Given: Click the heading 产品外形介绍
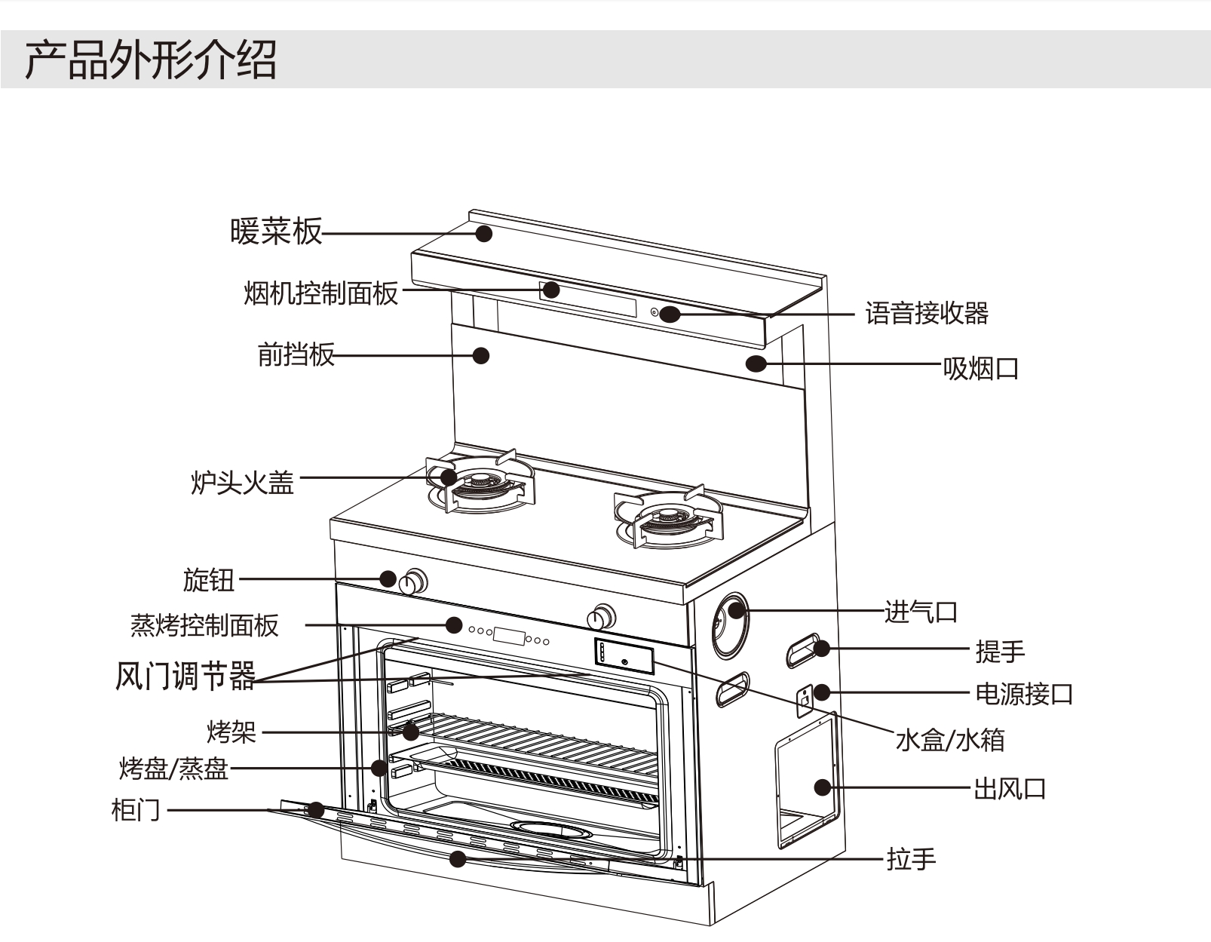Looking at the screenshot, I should point(151,60).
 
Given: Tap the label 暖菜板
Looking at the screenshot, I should point(276,231).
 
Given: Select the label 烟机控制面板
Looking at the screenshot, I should point(320,293).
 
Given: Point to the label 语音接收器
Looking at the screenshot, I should point(926,313).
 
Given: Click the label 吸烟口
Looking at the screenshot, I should point(980,369).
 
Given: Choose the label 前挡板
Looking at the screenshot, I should point(296,354).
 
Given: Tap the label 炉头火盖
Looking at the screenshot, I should point(242,482).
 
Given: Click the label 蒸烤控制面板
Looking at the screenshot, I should point(204,625).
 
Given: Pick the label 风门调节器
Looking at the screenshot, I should point(185,676).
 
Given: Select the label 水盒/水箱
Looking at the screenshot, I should point(949,740).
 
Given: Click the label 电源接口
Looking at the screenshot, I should point(1023,693).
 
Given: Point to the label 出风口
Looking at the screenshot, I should point(1009,789).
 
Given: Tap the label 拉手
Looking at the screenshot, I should point(911,859).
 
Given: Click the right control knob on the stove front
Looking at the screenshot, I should point(601,617).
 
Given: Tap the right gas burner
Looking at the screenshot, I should point(667,518).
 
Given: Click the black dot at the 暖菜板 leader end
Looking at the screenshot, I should point(484,234).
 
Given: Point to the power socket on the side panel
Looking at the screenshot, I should point(805,700).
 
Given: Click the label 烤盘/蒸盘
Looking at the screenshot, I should point(173,769).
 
